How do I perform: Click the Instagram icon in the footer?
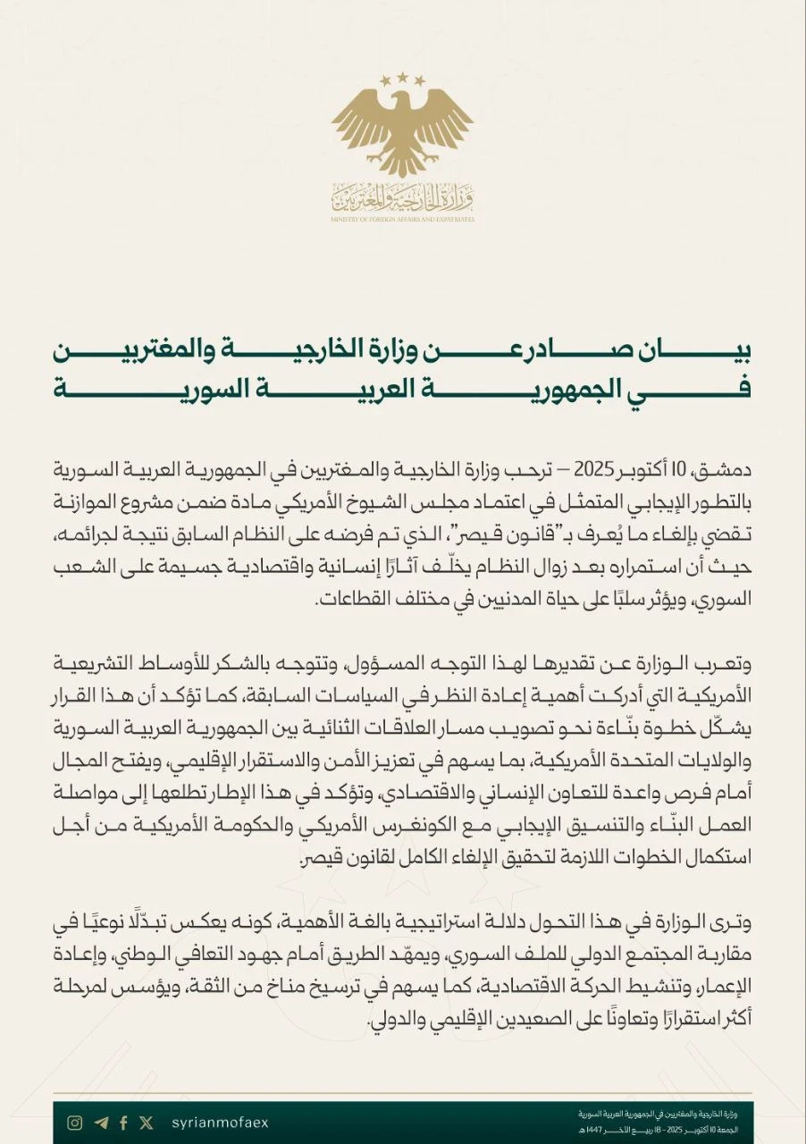coord(76,1123)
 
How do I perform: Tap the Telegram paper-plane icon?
coord(101,1123)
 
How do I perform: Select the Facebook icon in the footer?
coord(123,1123)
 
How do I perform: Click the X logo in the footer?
coord(147,1123)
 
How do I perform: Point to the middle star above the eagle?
coord(402,78)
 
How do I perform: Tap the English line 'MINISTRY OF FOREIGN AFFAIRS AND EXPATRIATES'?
coord(402,219)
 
